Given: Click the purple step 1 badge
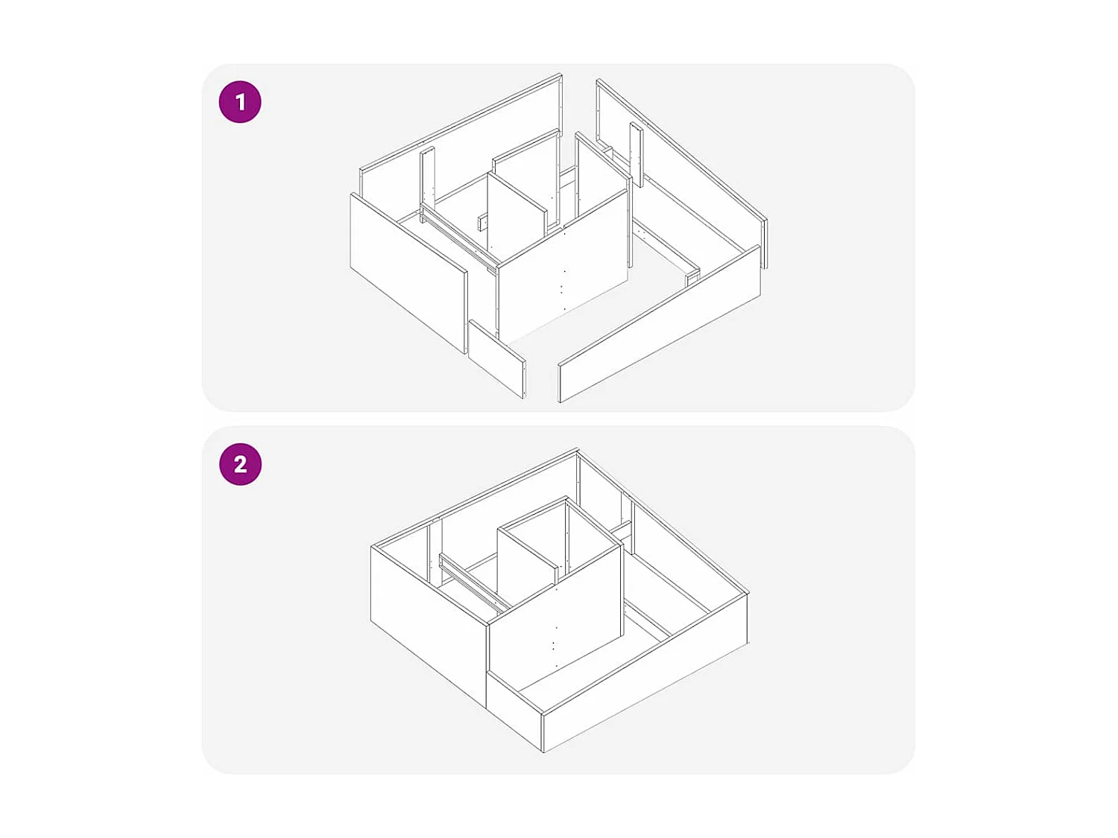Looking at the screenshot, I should click(x=240, y=102).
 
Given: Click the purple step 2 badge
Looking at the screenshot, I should click(x=240, y=464).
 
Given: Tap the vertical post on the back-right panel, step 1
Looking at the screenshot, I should click(x=636, y=153).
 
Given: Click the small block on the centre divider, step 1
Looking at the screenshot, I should click(x=482, y=221).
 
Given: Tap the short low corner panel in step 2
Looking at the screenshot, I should click(x=514, y=708).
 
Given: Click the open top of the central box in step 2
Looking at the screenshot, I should click(x=559, y=533).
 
